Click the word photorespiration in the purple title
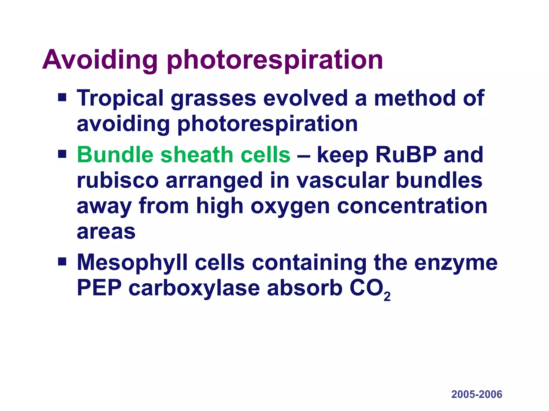275,60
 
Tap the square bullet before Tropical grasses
62,97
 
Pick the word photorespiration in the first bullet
267,124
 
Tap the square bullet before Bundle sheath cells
62,154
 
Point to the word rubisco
118,180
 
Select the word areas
106,232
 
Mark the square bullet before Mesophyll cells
62,261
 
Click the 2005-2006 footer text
477,394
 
